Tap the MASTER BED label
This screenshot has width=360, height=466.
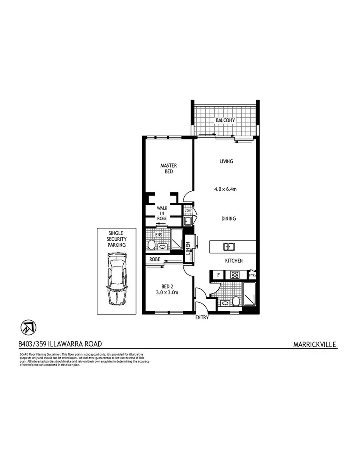coord(168,168)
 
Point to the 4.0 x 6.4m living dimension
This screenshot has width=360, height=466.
coord(225,189)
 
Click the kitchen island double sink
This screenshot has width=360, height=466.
coord(228,246)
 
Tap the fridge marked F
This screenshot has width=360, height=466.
coord(218,275)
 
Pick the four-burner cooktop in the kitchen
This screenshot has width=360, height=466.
coord(234,275)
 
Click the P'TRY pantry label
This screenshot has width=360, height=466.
coord(253,275)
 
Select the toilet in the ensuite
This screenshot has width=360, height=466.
coord(151,245)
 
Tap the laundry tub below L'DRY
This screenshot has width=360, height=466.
coord(187,221)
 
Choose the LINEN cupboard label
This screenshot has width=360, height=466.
coord(188,248)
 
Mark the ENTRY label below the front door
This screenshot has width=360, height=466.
coord(201,318)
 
